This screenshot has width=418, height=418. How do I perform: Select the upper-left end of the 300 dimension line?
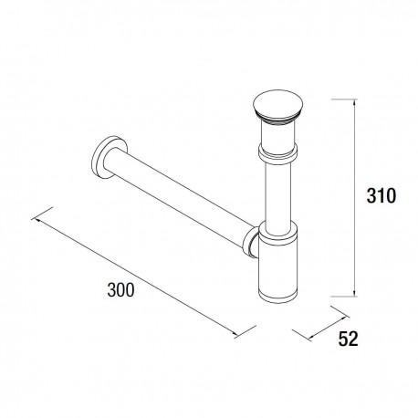pyautogui.click(x=35, y=217)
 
